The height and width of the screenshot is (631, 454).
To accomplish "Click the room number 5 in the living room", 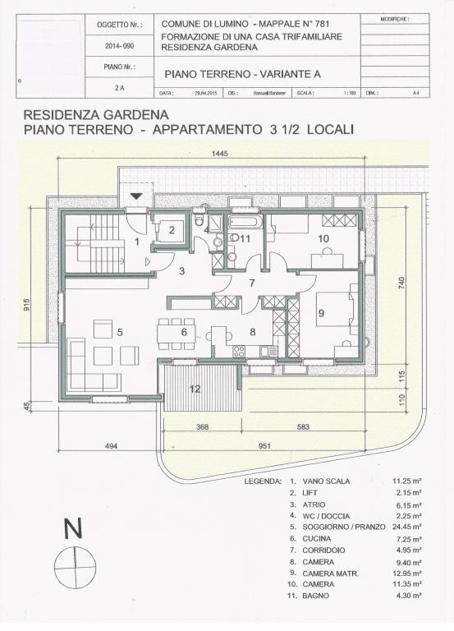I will click(x=120, y=332).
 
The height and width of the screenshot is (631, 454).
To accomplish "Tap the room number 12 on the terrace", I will click(x=195, y=389).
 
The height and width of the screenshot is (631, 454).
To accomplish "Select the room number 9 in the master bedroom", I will click(x=321, y=313).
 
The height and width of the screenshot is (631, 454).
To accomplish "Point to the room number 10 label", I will click(x=323, y=238).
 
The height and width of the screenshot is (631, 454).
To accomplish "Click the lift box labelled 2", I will click(x=172, y=230).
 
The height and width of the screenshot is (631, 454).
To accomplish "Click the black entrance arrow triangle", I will click(x=136, y=196).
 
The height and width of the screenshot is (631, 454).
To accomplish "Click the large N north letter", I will click(x=73, y=530).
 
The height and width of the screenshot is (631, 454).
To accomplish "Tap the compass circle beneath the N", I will click(x=73, y=567).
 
